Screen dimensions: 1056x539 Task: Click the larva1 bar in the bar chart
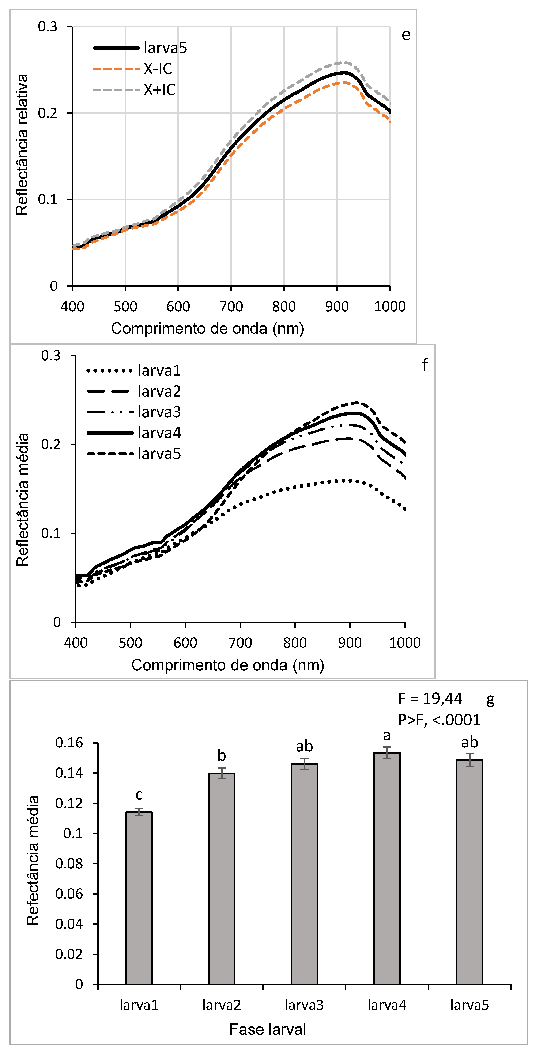(x=139, y=898)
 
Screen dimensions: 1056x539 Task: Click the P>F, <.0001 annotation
(x=439, y=720)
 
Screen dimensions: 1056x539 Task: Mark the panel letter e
(x=406, y=35)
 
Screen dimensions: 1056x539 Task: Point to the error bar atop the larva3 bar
(x=304, y=764)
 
